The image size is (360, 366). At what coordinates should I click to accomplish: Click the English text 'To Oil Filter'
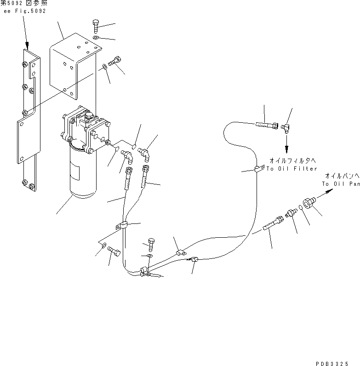(x=292, y=169)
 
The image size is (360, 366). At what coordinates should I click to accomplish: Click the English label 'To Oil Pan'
(x=340, y=184)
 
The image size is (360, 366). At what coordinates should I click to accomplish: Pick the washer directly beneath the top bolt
(x=95, y=38)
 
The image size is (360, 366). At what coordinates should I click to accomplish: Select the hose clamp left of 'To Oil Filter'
(x=258, y=170)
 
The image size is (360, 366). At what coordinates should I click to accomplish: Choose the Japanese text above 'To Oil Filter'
(x=292, y=160)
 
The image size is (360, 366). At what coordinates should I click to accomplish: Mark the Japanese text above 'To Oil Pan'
(x=342, y=176)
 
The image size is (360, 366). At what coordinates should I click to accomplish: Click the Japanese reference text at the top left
(x=24, y=3)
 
